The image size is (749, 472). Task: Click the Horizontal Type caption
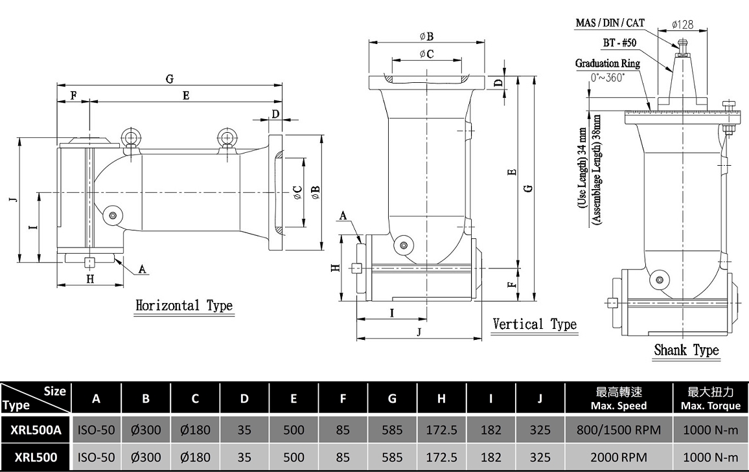point(184,306)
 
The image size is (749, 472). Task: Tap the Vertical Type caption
point(535,324)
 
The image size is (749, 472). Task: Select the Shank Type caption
point(686,350)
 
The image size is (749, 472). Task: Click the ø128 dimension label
point(682,25)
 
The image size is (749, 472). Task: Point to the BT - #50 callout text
point(619,43)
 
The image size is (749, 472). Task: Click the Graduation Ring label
point(607,63)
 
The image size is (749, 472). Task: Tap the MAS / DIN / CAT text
point(610,23)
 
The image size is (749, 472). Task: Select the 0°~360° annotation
point(608,78)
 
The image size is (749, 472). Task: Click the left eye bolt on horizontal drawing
point(130,140)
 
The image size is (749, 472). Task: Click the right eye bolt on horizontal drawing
point(226,140)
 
